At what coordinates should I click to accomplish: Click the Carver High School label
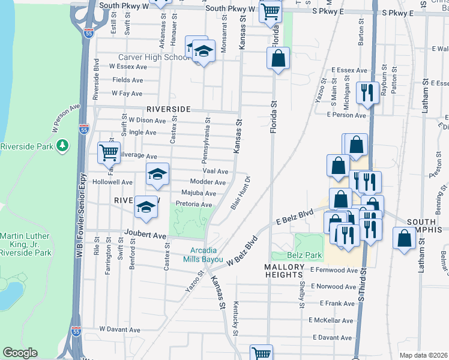[x=153, y=57]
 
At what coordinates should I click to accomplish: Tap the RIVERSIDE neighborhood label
[x=168, y=109]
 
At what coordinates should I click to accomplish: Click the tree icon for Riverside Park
[x=61, y=146]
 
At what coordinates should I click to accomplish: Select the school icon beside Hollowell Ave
[x=157, y=175]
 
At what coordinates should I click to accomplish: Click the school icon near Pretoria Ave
[x=146, y=206]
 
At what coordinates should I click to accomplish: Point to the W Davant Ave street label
[x=119, y=329]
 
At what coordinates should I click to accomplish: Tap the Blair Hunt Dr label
[x=240, y=193]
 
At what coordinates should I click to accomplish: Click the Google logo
[x=20, y=352]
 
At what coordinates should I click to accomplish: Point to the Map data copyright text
[x=423, y=355]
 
